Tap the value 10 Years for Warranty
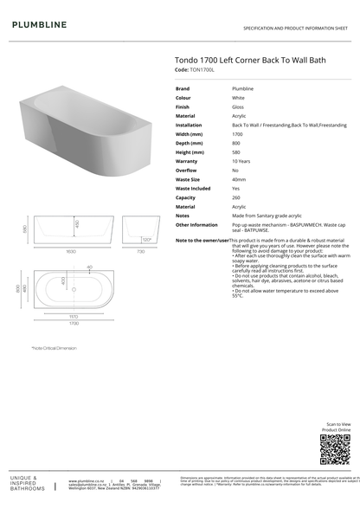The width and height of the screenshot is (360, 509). [x=241, y=161]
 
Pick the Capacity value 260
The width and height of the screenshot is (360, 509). [x=237, y=197]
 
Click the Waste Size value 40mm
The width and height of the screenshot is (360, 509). [x=239, y=179]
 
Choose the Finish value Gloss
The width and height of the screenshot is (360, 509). [x=239, y=106]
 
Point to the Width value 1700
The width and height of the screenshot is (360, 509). [x=238, y=134]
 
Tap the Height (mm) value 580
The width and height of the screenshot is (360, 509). [x=237, y=152]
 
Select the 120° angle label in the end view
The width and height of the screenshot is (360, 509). [x=146, y=239]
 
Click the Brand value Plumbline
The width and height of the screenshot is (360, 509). [x=242, y=88]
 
